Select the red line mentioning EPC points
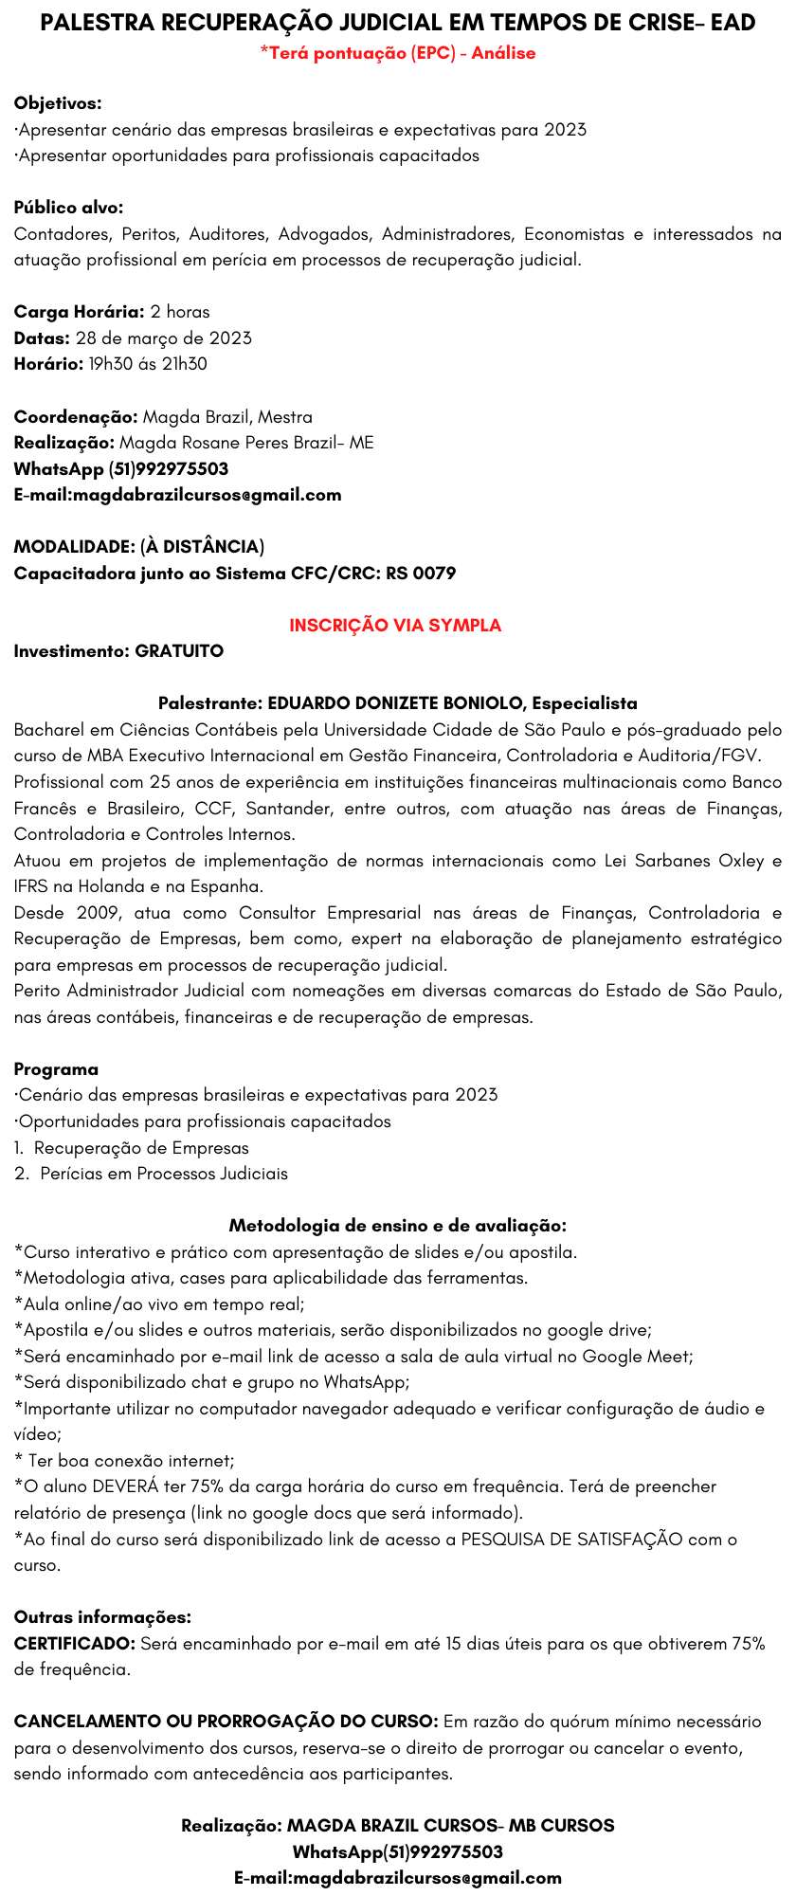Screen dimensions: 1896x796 pyautogui.click(x=398, y=53)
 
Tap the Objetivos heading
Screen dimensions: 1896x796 pyautogui.click(x=58, y=103)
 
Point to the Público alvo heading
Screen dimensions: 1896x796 pyautogui.click(x=68, y=208)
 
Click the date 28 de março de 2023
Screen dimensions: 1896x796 pyautogui.click(x=163, y=337)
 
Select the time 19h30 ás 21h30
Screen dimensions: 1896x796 pyautogui.click(x=148, y=364)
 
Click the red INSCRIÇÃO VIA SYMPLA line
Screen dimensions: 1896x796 pyautogui.click(x=395, y=626)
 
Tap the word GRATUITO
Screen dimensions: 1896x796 pyautogui.click(x=179, y=651)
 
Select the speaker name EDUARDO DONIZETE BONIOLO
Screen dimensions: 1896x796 pyautogui.click(x=397, y=703)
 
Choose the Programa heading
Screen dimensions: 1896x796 pyautogui.click(x=56, y=1069)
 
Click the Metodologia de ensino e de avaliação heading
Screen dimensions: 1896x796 pyautogui.click(x=398, y=1226)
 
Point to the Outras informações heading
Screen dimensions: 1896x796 pyautogui.click(x=102, y=1616)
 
